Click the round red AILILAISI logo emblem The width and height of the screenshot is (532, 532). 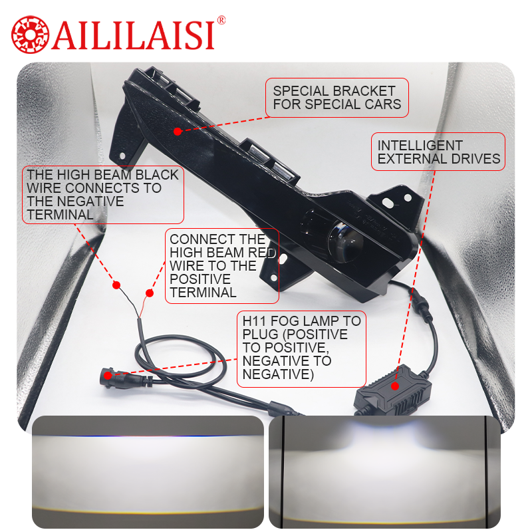pos(30,35)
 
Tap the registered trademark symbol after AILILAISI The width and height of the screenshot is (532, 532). pos(221,21)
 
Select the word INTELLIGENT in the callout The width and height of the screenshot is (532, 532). pos(420,146)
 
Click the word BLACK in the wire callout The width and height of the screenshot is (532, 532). pos(157,175)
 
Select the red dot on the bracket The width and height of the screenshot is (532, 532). pos(177,132)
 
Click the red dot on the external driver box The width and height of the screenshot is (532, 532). pos(394,386)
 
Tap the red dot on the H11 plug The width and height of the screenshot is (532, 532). pos(108,376)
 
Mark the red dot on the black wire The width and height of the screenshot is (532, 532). pos(116,285)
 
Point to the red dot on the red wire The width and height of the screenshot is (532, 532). pos(149,293)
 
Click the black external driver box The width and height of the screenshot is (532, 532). pos(394,391)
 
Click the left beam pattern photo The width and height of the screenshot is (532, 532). pos(148,471)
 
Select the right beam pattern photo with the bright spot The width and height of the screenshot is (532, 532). pos(384,471)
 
